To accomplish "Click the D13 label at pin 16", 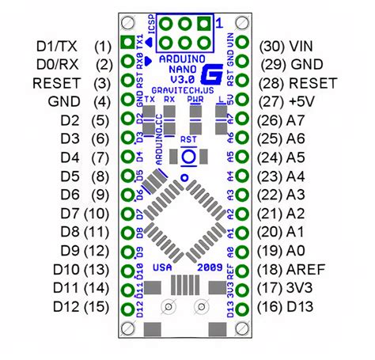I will coord(304,305).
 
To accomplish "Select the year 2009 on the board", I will coord(211,267).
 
